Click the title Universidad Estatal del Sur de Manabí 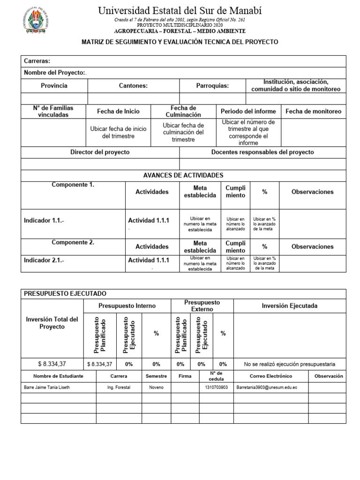click(180, 10)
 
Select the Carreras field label click(37, 61)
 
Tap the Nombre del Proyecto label click(55, 73)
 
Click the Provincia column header click(54, 86)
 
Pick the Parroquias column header click(212, 86)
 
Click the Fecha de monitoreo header click(313, 112)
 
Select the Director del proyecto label click(100, 152)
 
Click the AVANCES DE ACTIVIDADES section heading click(183, 175)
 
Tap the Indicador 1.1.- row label click(44, 220)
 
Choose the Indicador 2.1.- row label click(44, 260)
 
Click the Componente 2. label click(73, 242)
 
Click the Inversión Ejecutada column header click(289, 306)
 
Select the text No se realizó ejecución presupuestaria click(290, 364)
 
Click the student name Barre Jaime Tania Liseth click(48, 388)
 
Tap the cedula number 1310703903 click(216, 388)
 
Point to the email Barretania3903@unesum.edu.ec click(267, 388)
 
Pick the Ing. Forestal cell click(119, 388)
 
